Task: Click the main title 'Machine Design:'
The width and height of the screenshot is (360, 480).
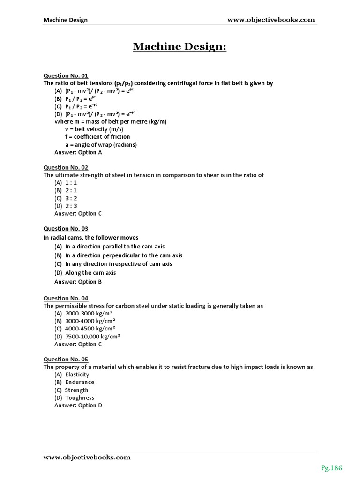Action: coord(180,46)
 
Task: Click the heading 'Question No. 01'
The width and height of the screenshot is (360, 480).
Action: coord(66,75)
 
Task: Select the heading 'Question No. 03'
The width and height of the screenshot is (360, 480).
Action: coord(66,229)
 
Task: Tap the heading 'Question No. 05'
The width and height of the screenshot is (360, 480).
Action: coord(66,360)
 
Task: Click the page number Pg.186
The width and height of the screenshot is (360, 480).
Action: coord(332,468)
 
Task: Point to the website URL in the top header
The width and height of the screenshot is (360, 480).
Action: coord(271,20)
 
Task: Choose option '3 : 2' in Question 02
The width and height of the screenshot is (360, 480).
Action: coord(71,198)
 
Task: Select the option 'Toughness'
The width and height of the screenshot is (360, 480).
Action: coord(79,398)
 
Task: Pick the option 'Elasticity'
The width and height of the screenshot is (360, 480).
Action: coord(77,375)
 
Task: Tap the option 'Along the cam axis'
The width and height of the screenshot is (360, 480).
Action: coord(90,273)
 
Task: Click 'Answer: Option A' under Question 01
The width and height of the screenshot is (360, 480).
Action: coord(78,152)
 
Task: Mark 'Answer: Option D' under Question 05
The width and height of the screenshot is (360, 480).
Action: coord(78,405)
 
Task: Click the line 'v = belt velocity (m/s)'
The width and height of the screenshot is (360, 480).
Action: coord(94,129)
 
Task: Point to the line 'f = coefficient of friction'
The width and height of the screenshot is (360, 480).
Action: coord(97,137)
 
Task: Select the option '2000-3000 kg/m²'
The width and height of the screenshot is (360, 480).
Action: coord(89,313)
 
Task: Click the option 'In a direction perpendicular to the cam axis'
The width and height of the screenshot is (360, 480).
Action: coord(123,255)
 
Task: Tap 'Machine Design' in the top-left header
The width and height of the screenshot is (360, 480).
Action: coord(65,20)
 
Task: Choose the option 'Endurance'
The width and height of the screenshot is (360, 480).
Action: coord(79,382)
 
